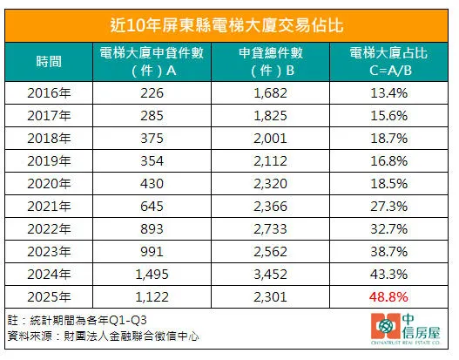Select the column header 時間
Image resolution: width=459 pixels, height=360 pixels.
[49, 61]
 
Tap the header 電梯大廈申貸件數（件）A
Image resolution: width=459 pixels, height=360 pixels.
[152, 61]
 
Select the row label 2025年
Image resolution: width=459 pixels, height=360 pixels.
[49, 295]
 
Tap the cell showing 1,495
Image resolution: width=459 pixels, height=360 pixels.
[152, 273]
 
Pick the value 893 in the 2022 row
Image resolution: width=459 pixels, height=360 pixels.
[152, 228]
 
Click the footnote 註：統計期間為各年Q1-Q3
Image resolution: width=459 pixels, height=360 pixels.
[74, 321]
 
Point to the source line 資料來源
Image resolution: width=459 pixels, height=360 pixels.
[100, 336]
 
